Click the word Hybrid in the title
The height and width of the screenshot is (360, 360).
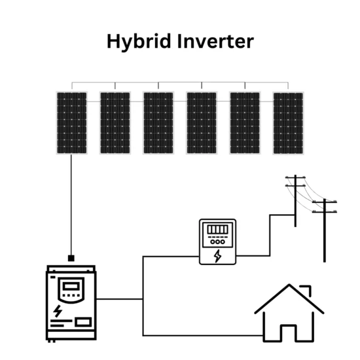pos(139,41)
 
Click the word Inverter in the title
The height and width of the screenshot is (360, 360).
pos(215,41)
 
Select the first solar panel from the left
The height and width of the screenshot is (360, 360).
pos(71,123)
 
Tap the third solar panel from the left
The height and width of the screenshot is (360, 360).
pos(158,123)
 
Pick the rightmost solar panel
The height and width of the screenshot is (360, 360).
pos(288,123)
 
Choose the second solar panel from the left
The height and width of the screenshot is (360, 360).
pos(115,123)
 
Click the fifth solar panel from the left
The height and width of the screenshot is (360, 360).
pos(245,123)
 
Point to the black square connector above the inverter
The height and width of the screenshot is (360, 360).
pos(71,259)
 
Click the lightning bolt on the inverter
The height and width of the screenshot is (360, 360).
pos(58,311)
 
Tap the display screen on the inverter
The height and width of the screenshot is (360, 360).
pos(71,286)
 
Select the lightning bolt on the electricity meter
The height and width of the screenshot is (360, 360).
pos(218,256)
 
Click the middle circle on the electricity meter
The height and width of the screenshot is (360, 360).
pos(218,242)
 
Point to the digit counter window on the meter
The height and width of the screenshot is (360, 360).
pos(218,229)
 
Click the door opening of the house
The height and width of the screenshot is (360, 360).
pos(289,333)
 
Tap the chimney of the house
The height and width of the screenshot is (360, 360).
pos(308,291)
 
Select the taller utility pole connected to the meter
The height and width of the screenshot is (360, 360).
pos(295,201)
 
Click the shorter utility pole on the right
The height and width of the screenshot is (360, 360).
pos(325,230)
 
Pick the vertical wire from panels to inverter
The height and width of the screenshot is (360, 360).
pos(71,205)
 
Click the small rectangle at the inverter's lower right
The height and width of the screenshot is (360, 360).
pos(83,322)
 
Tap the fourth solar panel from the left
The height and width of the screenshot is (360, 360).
pos(202,123)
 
